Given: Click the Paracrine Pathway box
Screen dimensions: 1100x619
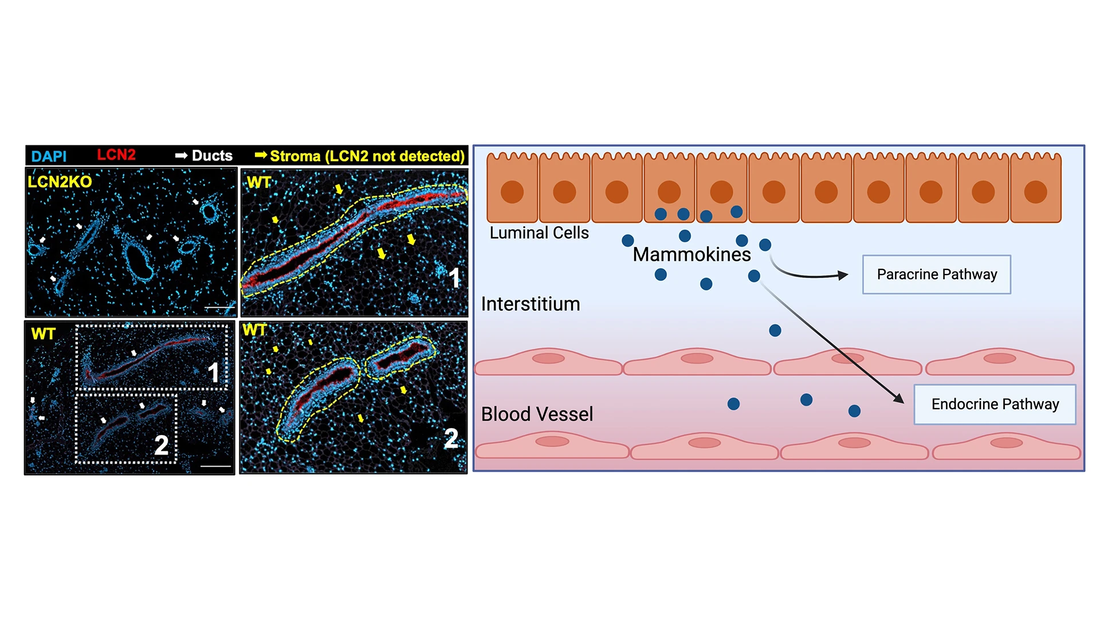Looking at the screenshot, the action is pos(936,275).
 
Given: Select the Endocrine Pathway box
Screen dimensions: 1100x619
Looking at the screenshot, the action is pos(995,404).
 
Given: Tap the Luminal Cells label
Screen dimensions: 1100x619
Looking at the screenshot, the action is pos(539,233).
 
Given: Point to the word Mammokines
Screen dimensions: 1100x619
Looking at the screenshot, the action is pos(691,254).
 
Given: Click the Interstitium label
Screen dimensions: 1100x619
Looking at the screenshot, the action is pos(530,304).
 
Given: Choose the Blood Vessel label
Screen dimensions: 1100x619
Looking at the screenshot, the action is pos(537,414).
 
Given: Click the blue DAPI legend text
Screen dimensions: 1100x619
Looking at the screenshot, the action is pos(49,156).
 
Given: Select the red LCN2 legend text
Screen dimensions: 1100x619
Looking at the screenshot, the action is pos(116,155).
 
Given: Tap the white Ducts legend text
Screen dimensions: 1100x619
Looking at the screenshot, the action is pos(212,156).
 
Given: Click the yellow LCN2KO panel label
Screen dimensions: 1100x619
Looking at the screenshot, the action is pos(60,182).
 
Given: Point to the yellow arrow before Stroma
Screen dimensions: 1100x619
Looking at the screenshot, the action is pos(261,155).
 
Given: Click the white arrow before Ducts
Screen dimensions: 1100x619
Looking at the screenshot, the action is pos(182,156).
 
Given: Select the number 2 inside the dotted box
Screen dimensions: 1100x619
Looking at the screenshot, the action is pos(162,445).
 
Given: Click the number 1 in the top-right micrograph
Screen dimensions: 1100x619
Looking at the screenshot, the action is pos(454,279).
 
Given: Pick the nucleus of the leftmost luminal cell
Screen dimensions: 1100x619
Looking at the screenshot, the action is pos(512,192).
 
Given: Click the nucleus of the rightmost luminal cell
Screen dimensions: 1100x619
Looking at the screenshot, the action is pos(1035,192).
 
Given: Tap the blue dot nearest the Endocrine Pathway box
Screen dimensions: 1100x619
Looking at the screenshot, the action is pos(854,410).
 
